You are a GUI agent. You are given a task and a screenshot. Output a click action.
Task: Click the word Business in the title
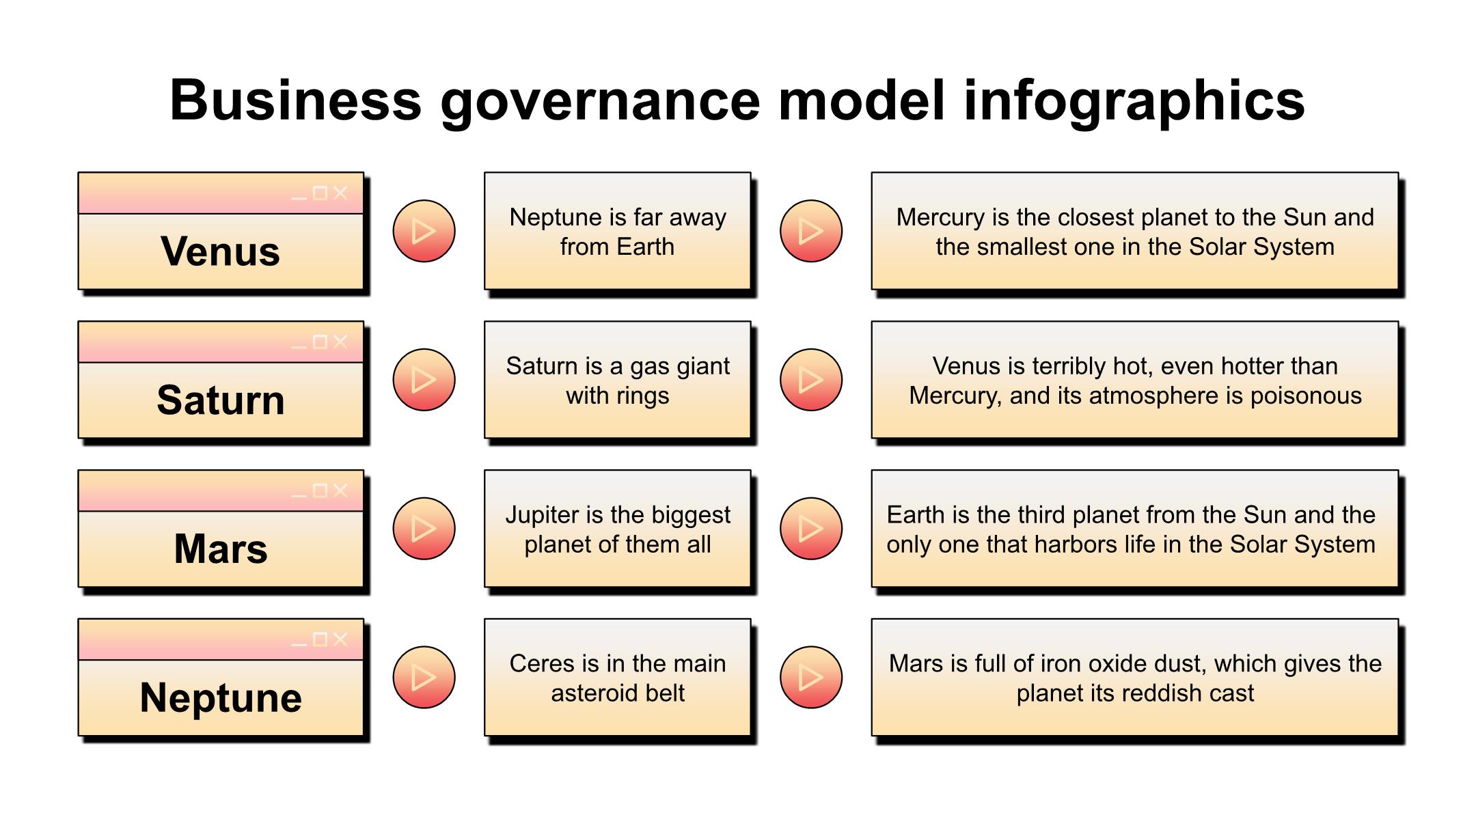coord(296,100)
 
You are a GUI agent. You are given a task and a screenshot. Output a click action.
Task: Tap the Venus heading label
coord(221,251)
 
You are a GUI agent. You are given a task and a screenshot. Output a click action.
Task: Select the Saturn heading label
coord(221,400)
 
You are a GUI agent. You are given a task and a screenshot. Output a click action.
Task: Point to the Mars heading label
coord(221,549)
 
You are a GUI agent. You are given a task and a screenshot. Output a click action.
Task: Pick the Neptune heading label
coord(221,697)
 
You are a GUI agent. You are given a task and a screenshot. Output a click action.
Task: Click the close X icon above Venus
coord(340,193)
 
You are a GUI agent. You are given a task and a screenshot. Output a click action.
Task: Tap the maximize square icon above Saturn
coord(320,342)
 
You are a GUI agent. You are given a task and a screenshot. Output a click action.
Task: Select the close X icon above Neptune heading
coord(340,639)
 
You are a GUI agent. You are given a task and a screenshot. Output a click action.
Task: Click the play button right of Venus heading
coord(424,231)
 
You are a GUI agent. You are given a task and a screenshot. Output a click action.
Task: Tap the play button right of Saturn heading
coord(424,380)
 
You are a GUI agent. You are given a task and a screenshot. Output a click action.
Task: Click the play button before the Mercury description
coord(811,231)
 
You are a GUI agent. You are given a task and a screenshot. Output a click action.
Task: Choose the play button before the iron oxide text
coord(811,678)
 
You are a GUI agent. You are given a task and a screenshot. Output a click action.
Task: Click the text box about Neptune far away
coord(618,231)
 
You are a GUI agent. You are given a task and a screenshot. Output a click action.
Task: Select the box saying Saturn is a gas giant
coord(618,380)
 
